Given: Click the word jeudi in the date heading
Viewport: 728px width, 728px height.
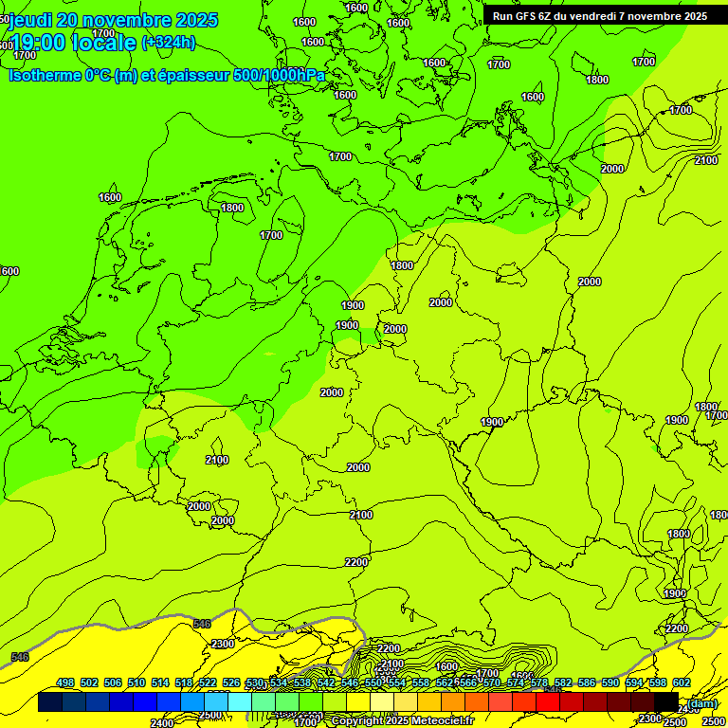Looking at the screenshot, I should [x=29, y=20].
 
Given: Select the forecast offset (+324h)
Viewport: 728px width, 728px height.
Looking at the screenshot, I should [x=168, y=43].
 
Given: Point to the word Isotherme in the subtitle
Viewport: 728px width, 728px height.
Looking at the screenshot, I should [x=44, y=75].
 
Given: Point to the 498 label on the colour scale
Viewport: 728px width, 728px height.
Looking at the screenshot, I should [x=65, y=682].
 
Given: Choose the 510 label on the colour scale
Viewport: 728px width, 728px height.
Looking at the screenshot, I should [x=136, y=682].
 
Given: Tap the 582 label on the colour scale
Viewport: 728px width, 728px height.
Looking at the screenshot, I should [x=563, y=682].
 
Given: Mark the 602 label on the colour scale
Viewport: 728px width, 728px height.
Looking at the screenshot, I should [x=682, y=682].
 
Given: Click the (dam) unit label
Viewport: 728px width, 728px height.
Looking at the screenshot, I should [x=702, y=702].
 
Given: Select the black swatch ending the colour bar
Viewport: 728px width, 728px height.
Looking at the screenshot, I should [x=666, y=702].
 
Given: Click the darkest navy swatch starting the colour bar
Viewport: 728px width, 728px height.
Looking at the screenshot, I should [x=50, y=702].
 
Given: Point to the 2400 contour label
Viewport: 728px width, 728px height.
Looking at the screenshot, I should [x=162, y=723].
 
